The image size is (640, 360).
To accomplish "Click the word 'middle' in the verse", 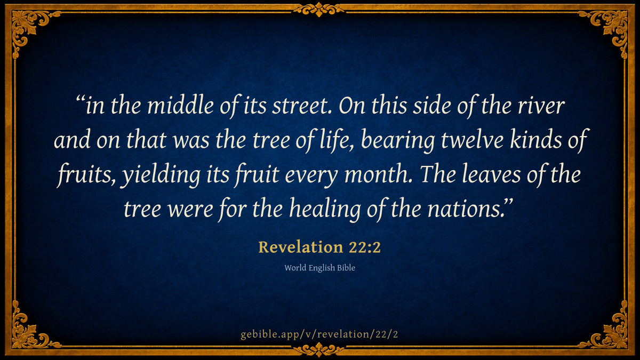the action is coord(181,106).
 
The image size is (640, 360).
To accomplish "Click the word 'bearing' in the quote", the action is coord(398,141).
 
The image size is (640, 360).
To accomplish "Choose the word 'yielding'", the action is coord(161,175).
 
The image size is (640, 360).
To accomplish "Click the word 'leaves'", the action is coord(491,174).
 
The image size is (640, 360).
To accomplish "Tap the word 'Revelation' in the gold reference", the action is coord(301,247).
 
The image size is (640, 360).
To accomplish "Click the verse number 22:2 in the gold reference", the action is coord(365,247).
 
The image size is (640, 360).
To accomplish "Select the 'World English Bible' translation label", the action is coord(319,268).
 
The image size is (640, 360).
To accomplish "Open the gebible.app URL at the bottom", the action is coord(319,334).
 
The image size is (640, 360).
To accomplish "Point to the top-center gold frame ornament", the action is coord(319,9).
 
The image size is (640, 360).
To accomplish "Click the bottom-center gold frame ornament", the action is coord(319,350).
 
